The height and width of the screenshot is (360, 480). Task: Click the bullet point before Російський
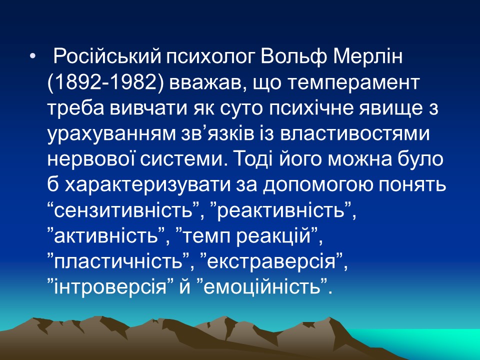33,57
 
